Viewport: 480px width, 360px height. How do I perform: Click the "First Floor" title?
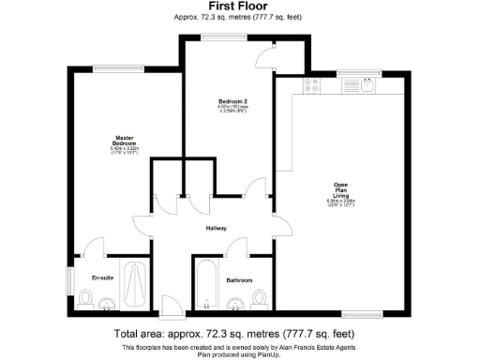point(240,6)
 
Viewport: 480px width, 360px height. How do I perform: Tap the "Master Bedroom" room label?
point(116,140)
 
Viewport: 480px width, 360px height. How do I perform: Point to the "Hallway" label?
point(217,228)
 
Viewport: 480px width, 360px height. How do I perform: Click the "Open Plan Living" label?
point(341,190)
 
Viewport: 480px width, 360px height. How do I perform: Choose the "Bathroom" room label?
point(238,279)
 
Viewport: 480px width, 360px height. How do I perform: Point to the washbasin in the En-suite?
point(109,303)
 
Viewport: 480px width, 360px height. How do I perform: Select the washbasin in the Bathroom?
point(236,303)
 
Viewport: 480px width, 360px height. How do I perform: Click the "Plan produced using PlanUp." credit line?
point(240,353)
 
